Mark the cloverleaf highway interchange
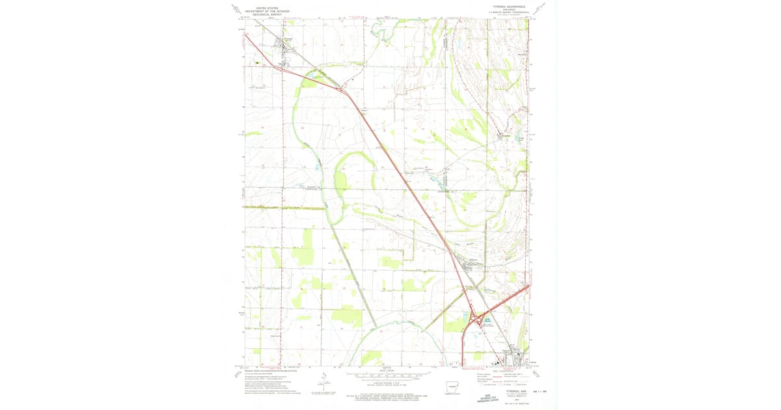480,320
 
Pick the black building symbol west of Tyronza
258,63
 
